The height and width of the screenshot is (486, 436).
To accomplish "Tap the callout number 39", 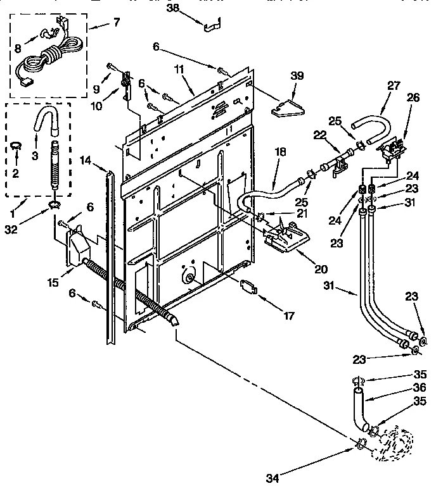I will click(297, 75).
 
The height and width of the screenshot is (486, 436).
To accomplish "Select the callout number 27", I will click(394, 85).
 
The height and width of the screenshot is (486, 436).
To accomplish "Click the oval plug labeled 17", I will click(250, 286).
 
